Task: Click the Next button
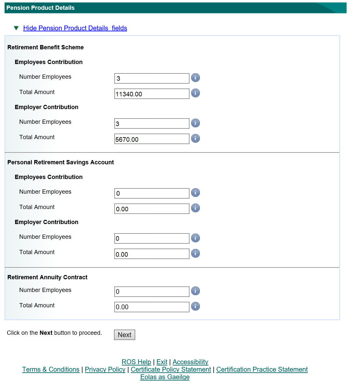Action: pyautogui.click(x=124, y=335)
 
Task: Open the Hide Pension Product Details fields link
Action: pyautogui.click(x=75, y=28)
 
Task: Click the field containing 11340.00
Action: pyautogui.click(x=152, y=94)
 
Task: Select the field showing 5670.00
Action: pyautogui.click(x=152, y=139)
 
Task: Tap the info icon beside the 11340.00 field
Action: pyautogui.click(x=195, y=93)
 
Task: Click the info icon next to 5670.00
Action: pyautogui.click(x=195, y=138)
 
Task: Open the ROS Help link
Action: pyautogui.click(x=136, y=362)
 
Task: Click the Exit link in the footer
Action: pyautogui.click(x=162, y=362)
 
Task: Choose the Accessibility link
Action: pyautogui.click(x=190, y=362)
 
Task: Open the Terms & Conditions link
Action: pyautogui.click(x=51, y=369)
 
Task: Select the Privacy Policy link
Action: pyautogui.click(x=105, y=369)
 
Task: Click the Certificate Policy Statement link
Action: pyautogui.click(x=171, y=369)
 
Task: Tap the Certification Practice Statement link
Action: pyautogui.click(x=262, y=369)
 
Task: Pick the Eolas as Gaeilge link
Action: pyautogui.click(x=165, y=377)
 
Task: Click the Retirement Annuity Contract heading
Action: pyautogui.click(x=47, y=277)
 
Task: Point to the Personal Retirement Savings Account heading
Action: pyautogui.click(x=60, y=162)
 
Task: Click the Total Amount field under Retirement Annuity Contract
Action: pyautogui.click(x=152, y=307)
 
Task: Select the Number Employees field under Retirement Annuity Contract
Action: pyautogui.click(x=152, y=292)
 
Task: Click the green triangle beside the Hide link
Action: pyautogui.click(x=16, y=28)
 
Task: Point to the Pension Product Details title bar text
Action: pyautogui.click(x=41, y=8)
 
